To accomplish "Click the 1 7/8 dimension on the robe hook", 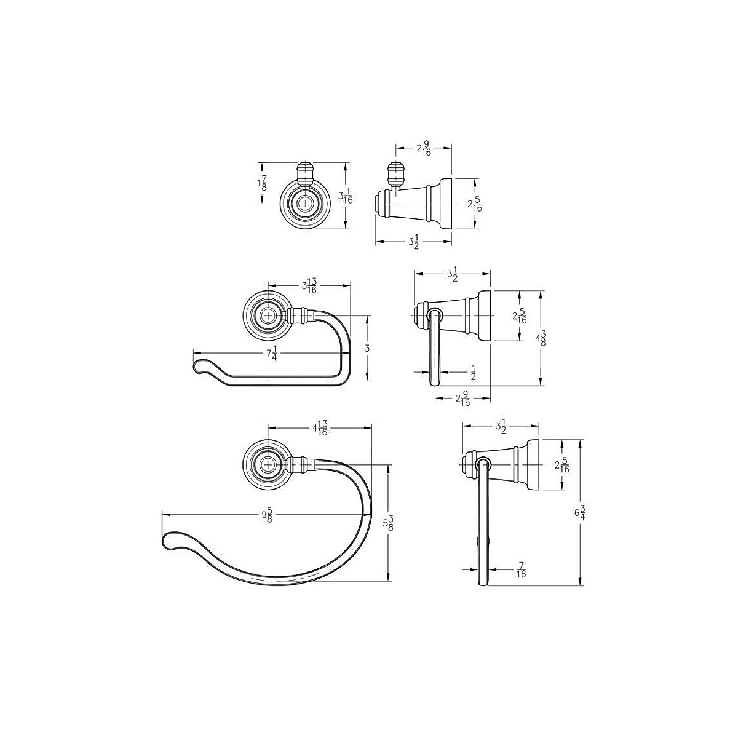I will click(263, 183).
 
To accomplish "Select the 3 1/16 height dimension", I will click(346, 196).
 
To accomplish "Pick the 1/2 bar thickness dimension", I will click(473, 372).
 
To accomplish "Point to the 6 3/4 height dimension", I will click(580, 512).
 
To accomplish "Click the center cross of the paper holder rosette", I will click(268, 315).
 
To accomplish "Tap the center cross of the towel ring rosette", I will click(268, 465).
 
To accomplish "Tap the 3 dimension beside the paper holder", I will click(367, 348).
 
